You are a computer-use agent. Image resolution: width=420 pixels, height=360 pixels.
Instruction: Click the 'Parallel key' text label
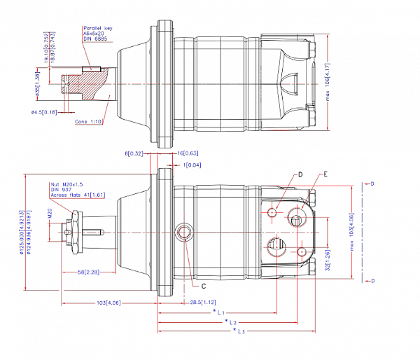(x=96, y=27)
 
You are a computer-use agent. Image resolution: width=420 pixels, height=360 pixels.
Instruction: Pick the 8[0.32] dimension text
(x=134, y=153)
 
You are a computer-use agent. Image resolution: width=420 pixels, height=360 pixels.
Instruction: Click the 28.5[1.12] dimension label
(x=203, y=302)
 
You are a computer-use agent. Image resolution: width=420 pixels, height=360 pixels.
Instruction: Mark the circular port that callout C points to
(x=185, y=232)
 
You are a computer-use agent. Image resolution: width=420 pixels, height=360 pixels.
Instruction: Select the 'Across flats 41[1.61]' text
(x=76, y=196)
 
